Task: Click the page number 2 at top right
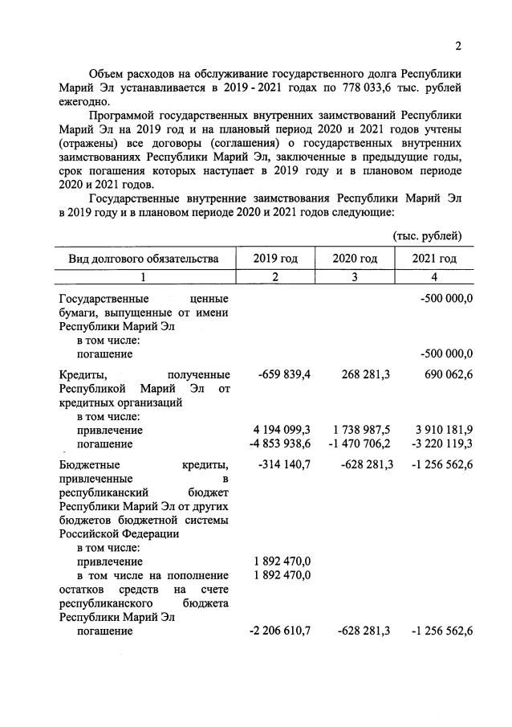pyautogui.click(x=458, y=45)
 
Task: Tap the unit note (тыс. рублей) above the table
pyautogui.click(x=427, y=235)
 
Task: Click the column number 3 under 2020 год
pyautogui.click(x=355, y=277)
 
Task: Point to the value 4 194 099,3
pyautogui.click(x=282, y=430)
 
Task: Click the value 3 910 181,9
pyautogui.click(x=440, y=430)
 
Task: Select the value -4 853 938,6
pyautogui.click(x=281, y=443)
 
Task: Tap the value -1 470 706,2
pyautogui.click(x=360, y=443)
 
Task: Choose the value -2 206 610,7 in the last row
pyautogui.click(x=281, y=631)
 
